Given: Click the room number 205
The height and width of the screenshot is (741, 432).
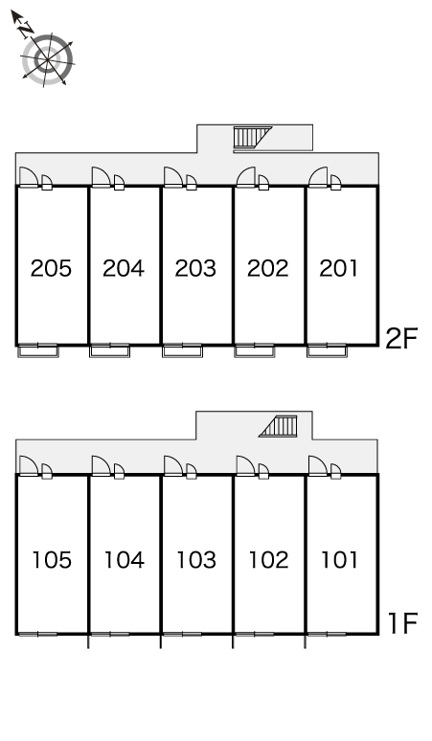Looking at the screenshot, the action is point(51,268).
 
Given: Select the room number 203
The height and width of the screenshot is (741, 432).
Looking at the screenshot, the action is point(195,268).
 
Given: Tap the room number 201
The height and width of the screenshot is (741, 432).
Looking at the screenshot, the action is point(339,268).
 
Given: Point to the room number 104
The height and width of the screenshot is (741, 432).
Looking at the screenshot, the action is point(124,559).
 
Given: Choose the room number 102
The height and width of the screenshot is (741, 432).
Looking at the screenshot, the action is point(268,559).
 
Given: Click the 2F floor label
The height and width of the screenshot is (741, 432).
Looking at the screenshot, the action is point(401,338).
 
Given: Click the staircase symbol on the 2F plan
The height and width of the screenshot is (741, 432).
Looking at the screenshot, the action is point(252,138).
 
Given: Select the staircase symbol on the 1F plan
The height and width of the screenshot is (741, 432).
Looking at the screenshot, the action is point(279,426).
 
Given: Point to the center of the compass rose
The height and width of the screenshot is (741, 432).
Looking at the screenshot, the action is point(47,60).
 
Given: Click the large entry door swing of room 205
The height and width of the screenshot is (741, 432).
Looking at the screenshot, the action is point(29,177).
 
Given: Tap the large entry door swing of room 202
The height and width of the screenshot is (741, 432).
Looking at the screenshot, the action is point(246,177).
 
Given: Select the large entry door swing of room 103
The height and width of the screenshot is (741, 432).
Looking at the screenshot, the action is point(173,465).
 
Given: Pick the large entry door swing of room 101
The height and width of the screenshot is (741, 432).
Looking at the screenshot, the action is point(318,465).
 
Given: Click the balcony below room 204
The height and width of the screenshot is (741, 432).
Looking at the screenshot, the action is point(109,351).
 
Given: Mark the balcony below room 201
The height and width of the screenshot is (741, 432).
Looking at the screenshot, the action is point(327,351).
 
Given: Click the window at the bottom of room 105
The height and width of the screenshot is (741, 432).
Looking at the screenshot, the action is point(37,634).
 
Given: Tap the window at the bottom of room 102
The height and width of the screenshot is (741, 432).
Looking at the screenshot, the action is point(254,634).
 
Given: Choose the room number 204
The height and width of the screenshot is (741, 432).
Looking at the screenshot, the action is point(124,268).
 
